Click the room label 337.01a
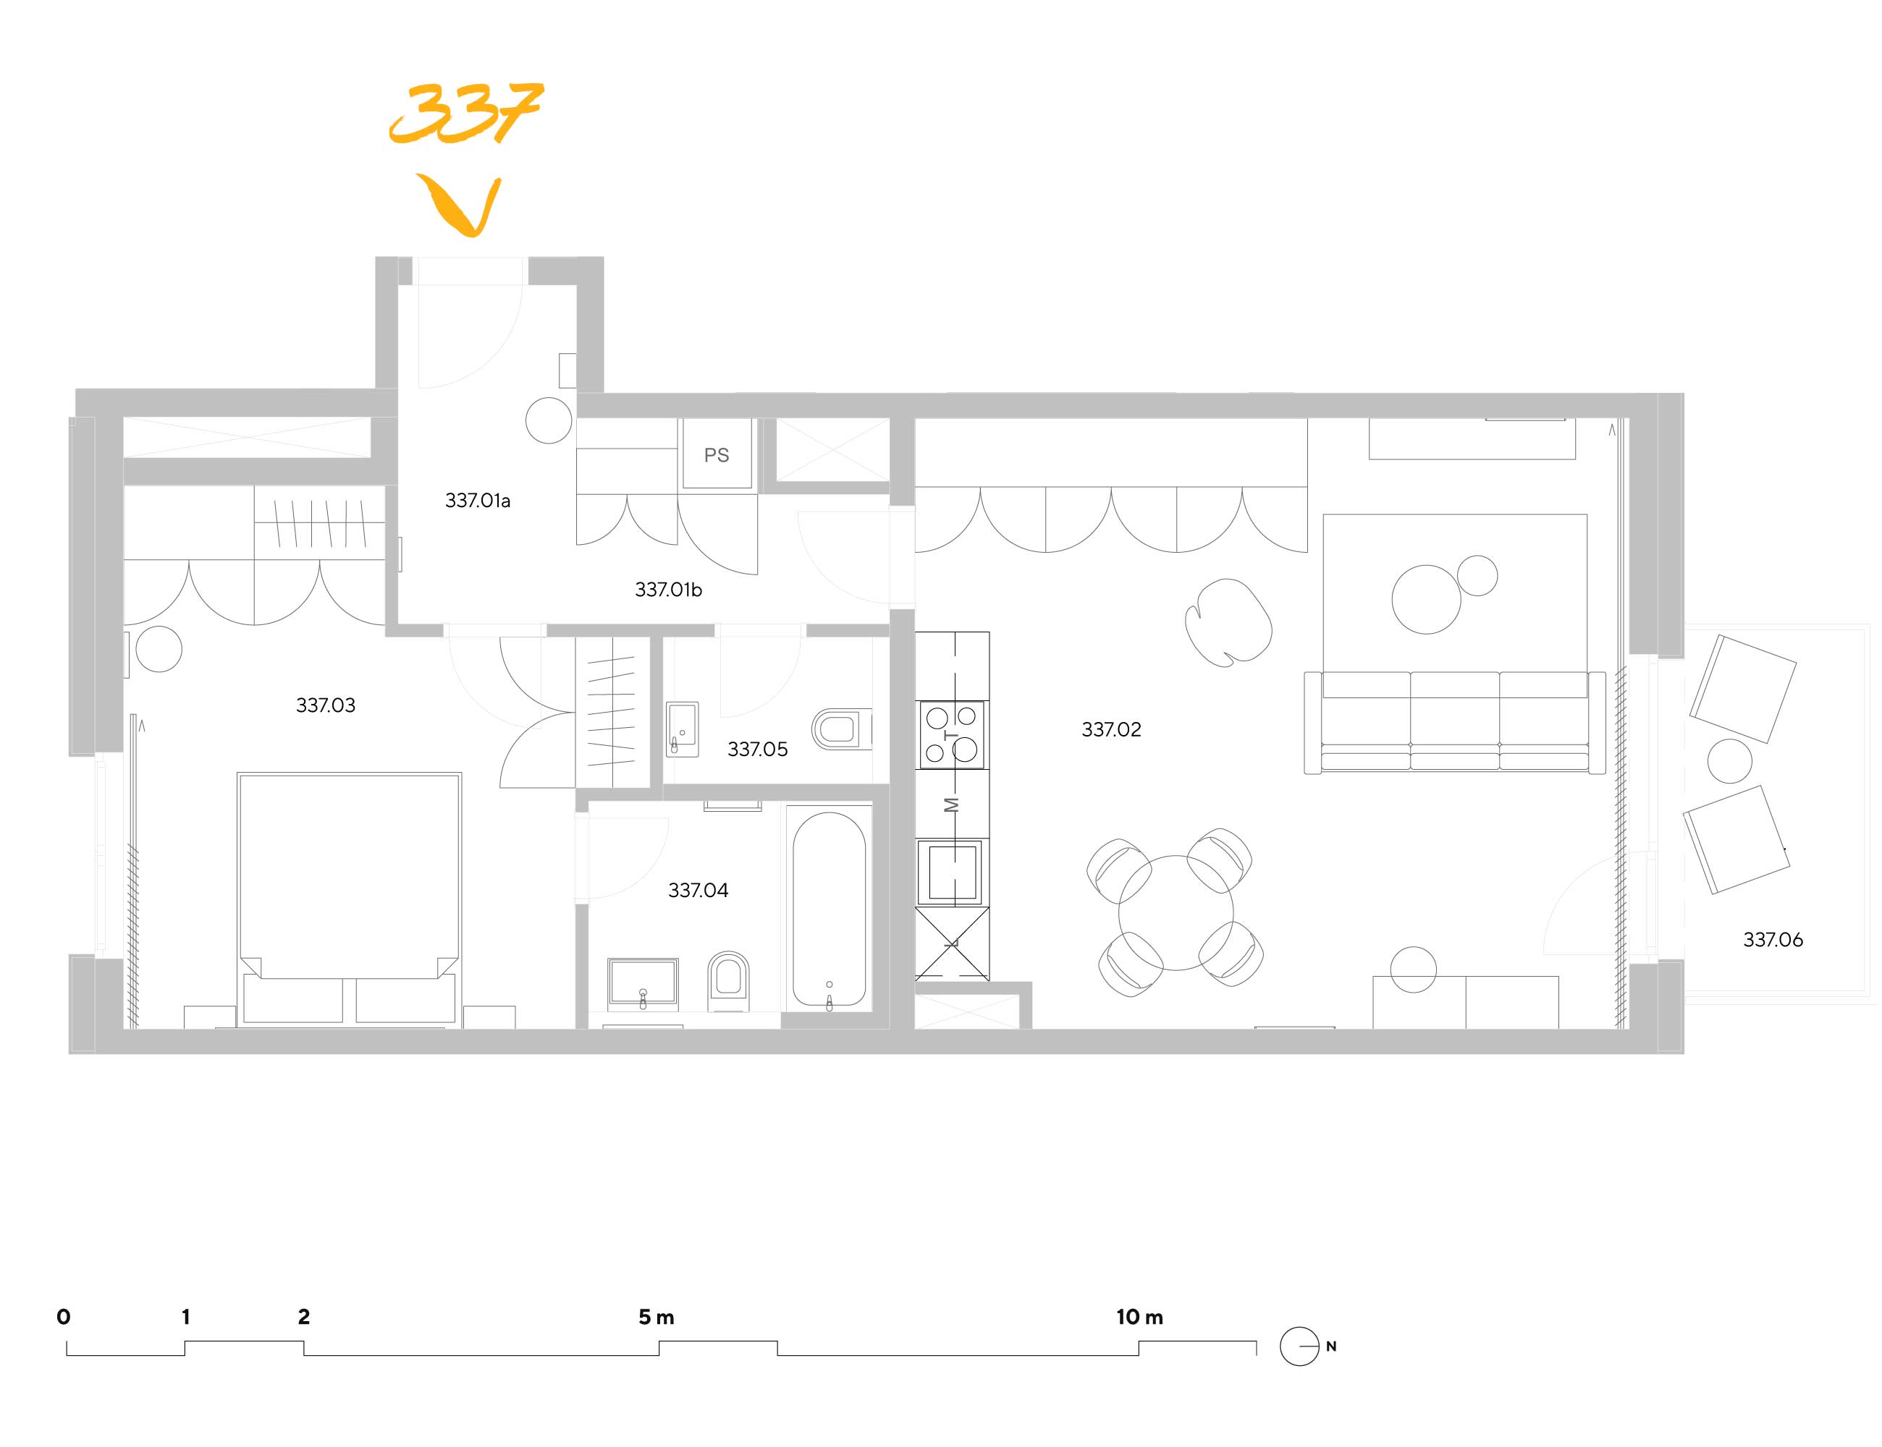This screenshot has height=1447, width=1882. pyautogui.click(x=478, y=501)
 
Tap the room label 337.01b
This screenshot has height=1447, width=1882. pyautogui.click(x=668, y=590)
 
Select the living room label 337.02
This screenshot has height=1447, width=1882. pyautogui.click(x=1111, y=729)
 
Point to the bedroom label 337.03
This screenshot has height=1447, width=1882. pyautogui.click(x=325, y=705)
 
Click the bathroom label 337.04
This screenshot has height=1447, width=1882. pyautogui.click(x=698, y=891)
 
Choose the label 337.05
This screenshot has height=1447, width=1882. pyautogui.click(x=757, y=750)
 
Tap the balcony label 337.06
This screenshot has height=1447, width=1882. pyautogui.click(x=1773, y=940)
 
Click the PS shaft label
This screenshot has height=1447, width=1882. pyautogui.click(x=716, y=455)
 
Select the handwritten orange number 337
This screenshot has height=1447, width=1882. pyautogui.click(x=466, y=112)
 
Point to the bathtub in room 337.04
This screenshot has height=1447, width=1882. pyautogui.click(x=828, y=909)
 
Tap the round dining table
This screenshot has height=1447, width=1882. pyautogui.click(x=1176, y=912)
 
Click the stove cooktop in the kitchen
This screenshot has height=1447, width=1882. pyautogui.click(x=950, y=734)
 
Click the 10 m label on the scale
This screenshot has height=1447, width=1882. pyautogui.click(x=1139, y=1317)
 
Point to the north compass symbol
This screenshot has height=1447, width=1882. pyautogui.click(x=1299, y=1346)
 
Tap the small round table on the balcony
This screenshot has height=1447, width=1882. pyautogui.click(x=1729, y=761)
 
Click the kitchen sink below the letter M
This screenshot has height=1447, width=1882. pyautogui.click(x=951, y=873)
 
